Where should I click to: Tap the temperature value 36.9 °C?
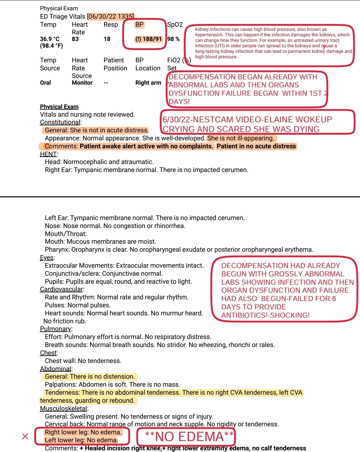point(50,39)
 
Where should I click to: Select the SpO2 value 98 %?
point(173,39)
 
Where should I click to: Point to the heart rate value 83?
point(75,39)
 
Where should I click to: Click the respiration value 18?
point(107,39)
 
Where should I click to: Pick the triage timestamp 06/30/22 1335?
point(111,16)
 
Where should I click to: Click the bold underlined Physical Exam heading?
point(59,107)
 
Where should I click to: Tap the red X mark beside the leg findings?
point(25,436)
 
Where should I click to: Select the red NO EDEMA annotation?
point(189,437)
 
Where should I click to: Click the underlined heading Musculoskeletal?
point(63,408)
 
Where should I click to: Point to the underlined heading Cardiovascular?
point(61,289)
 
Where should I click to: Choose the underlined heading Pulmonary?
point(56,329)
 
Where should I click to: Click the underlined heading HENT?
point(48,154)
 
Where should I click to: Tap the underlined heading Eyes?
point(47,258)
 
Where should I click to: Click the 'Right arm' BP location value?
point(148,83)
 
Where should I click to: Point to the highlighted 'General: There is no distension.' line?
point(90,377)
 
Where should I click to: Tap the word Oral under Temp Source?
point(45,83)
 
